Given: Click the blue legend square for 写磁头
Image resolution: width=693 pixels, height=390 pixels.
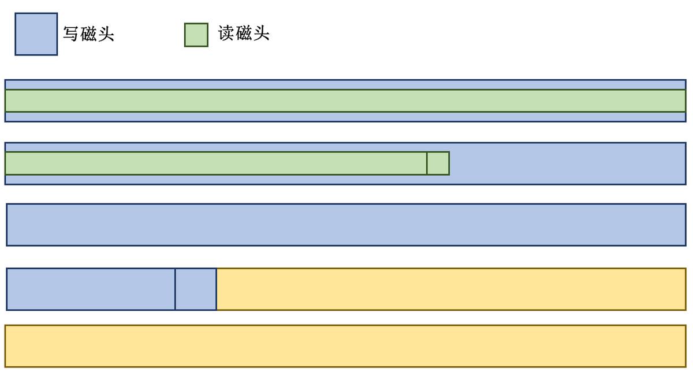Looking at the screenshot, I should (x=36, y=34).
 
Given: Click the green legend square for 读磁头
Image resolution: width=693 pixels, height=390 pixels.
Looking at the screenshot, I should (x=196, y=35).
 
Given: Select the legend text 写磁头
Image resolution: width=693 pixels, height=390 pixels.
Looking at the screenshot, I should (x=88, y=34).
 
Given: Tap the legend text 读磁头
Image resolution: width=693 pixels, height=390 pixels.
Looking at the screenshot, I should (x=244, y=34).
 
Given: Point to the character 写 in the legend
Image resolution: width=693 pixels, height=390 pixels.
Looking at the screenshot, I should (x=71, y=34).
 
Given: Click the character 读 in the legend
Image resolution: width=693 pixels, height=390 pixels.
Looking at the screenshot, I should (x=226, y=34).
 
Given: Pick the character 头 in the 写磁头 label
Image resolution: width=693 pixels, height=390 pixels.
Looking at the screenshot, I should (x=106, y=34).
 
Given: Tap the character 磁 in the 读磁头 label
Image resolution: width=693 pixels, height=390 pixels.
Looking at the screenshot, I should (x=244, y=34).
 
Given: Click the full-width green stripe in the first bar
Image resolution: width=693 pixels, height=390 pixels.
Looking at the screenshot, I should (x=345, y=101).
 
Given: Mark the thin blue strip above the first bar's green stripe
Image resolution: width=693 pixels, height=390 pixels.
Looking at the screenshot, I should (x=345, y=85).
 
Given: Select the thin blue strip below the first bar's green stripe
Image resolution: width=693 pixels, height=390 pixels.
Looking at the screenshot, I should (x=345, y=117).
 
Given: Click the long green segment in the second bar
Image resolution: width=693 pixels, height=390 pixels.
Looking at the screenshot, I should (x=216, y=163).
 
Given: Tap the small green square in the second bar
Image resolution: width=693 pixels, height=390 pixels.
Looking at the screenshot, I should (x=438, y=163).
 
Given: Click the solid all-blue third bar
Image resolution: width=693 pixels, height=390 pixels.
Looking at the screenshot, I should (x=345, y=225).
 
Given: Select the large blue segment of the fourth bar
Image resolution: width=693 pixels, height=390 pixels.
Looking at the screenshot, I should (x=91, y=289).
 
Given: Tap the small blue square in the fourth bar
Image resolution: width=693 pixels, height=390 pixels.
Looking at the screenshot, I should (x=196, y=289).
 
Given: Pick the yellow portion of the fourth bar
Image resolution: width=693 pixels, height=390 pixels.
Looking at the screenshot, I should (x=451, y=289).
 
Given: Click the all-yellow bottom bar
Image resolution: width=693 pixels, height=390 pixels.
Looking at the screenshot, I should (x=345, y=346).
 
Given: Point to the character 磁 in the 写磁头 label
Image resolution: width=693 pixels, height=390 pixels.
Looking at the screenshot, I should (x=88, y=34).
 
